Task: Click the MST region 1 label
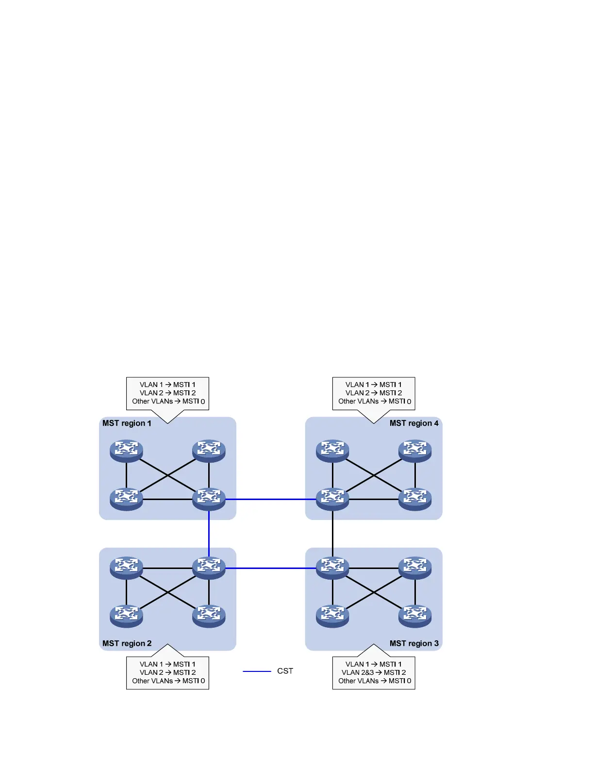[x=127, y=423]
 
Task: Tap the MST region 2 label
[x=127, y=643]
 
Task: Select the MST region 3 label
[x=414, y=643]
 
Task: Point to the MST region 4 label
[x=414, y=423]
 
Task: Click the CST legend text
[x=285, y=671]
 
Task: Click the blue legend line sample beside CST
[x=257, y=671]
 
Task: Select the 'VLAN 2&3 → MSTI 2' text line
[x=374, y=672]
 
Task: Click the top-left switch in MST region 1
[x=126, y=451]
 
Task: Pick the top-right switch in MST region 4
[x=415, y=451]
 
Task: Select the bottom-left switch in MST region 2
[x=126, y=616]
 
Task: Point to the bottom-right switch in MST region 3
[x=415, y=616]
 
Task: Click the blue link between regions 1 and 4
[x=270, y=499]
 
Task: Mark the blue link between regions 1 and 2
[x=209, y=534]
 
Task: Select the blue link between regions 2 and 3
[x=270, y=568]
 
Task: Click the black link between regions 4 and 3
[x=332, y=534]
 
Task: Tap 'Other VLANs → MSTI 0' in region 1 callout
[x=168, y=401]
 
